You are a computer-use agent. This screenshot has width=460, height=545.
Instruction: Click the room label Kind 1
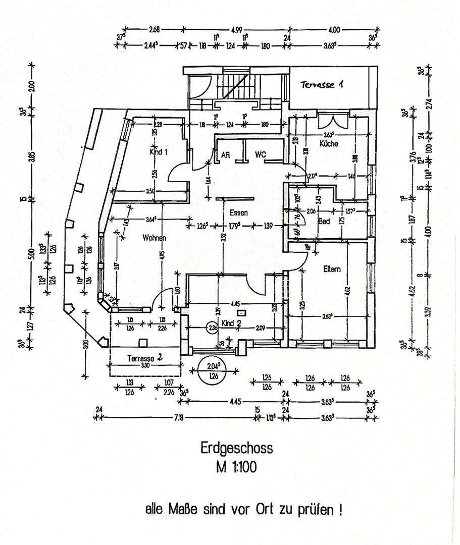coord(159,151)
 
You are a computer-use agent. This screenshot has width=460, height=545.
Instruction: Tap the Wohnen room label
coord(154,237)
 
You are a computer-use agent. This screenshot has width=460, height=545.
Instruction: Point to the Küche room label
coord(329,144)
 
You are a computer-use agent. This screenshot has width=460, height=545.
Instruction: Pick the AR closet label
coord(226,155)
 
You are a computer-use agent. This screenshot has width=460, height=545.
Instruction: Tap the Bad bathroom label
coord(324,221)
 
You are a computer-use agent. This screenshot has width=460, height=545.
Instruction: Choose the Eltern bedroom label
coord(332,269)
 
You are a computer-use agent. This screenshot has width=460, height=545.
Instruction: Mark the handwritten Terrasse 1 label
coord(323,85)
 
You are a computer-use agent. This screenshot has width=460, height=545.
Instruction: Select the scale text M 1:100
coord(236,467)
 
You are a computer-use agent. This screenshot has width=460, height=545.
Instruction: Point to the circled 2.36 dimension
coord(212,329)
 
